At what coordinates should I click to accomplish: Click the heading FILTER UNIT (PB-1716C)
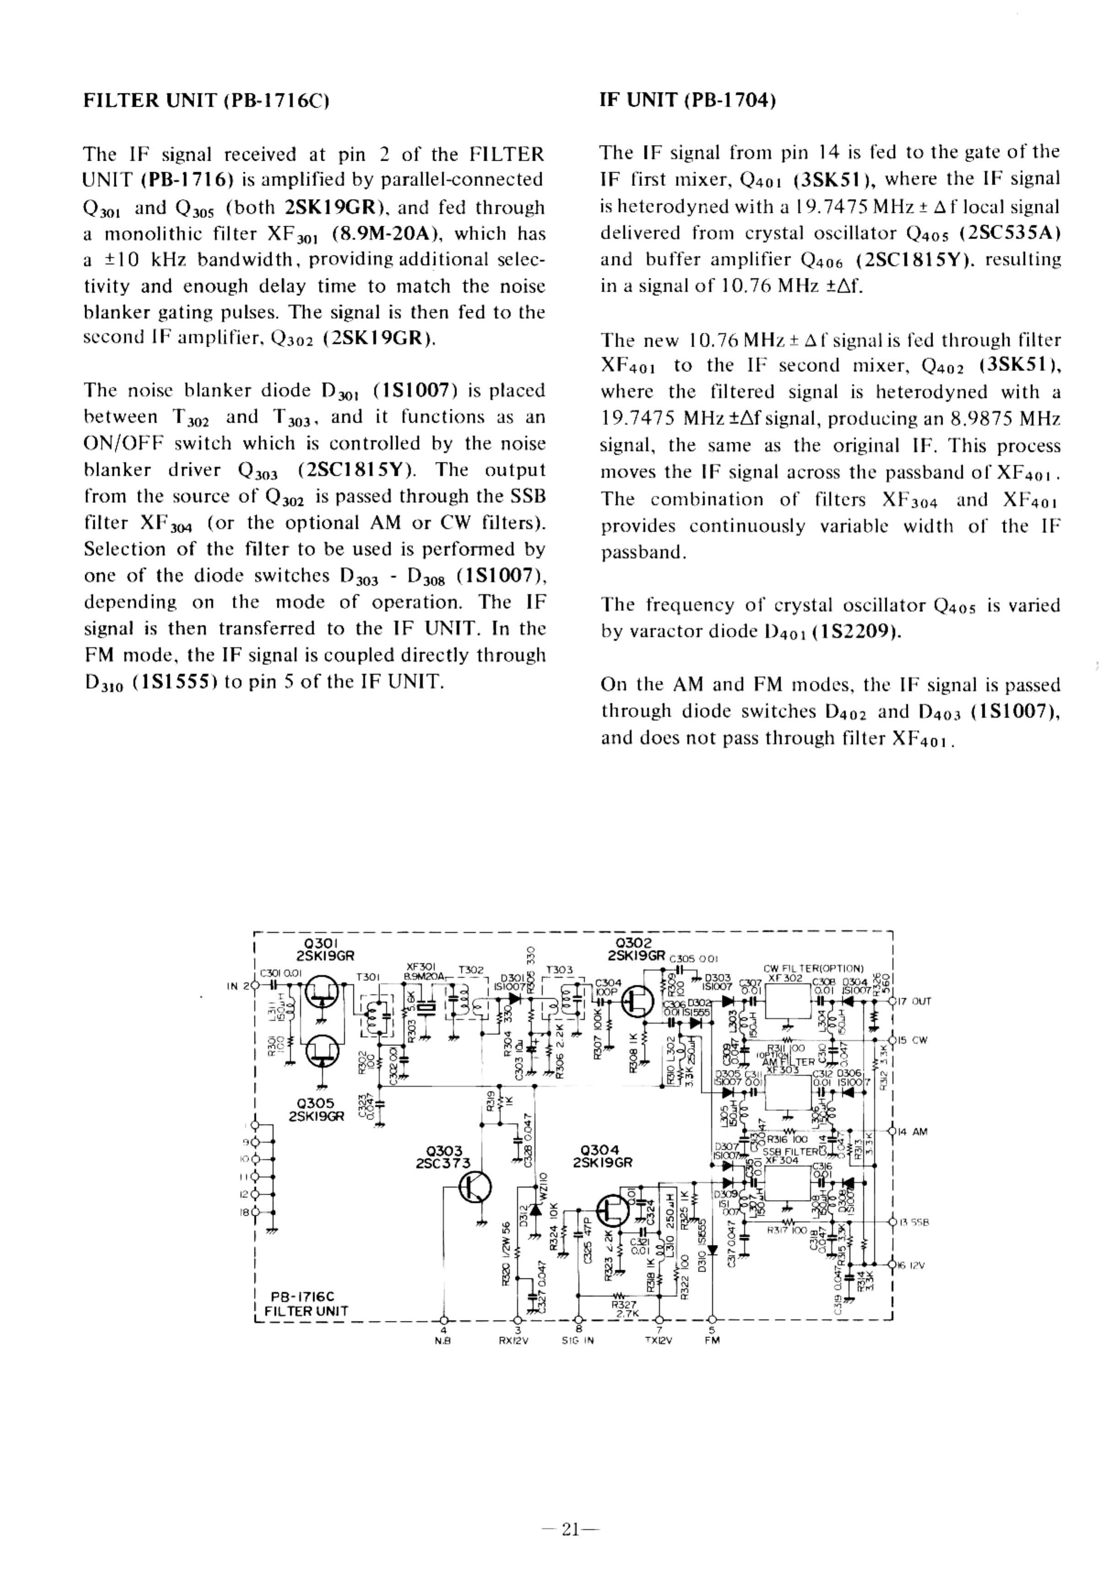pyautogui.click(x=205, y=101)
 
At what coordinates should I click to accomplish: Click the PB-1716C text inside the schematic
pyautogui.click(x=302, y=1296)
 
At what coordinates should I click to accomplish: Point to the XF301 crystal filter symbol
pyautogui.click(x=427, y=1008)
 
